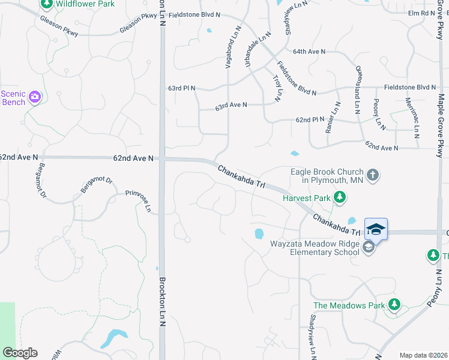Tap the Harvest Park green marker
pyautogui.click(x=340, y=197)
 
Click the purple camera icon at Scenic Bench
pyautogui.click(x=35, y=97)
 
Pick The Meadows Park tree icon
pyautogui.click(x=394, y=305)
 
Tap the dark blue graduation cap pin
pyautogui.click(x=376, y=230)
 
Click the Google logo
pyautogui.click(x=20, y=353)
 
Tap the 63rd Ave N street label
pyautogui.click(x=231, y=105)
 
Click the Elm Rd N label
pyautogui.click(x=421, y=13)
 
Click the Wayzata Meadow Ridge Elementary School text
pyautogui.click(x=313, y=248)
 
